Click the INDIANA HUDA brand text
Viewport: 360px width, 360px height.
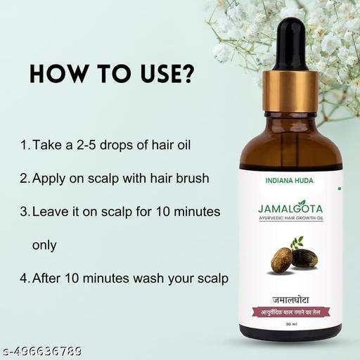[x=295, y=181]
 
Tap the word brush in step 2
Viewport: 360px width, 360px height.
[x=192, y=179]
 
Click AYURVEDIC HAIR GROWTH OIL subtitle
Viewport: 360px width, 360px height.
[x=295, y=221]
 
